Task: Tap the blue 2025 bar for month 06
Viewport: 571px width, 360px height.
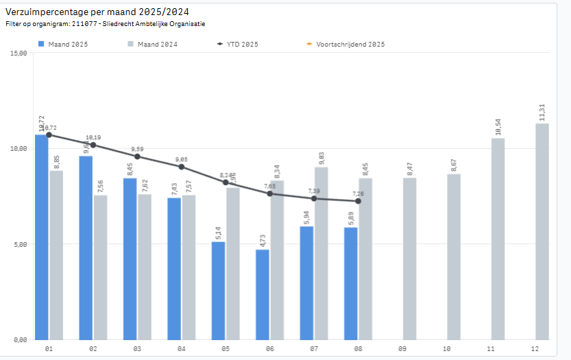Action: coord(263,294)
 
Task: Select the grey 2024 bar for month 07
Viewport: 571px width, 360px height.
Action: coord(321,253)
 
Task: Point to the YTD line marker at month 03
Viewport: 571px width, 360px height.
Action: coord(137,156)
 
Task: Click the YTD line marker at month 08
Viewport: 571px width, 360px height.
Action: coord(359,201)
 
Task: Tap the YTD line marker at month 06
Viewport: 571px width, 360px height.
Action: coord(270,193)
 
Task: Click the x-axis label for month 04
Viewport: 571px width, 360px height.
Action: coord(182,350)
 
